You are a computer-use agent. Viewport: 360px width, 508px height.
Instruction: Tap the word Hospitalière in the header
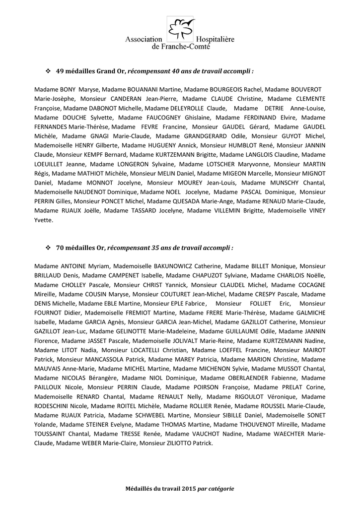pos(216,39)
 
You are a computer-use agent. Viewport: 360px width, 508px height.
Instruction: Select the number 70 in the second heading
pos(61,247)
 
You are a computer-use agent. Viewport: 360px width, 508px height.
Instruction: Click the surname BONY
pos(69,90)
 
